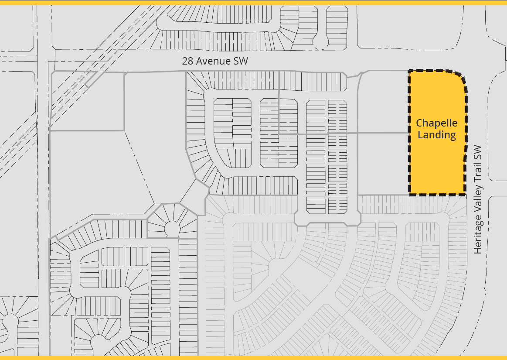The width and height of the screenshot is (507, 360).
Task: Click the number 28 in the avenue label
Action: click(188, 61)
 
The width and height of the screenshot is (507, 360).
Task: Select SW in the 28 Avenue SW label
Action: click(241, 61)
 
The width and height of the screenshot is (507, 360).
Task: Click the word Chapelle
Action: click(437, 123)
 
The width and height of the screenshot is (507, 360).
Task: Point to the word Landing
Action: click(437, 135)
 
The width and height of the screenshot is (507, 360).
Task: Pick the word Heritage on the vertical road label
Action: click(478, 237)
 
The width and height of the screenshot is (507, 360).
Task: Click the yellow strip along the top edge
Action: click(253, 2)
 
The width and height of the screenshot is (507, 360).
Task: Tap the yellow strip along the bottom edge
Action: click(253, 357)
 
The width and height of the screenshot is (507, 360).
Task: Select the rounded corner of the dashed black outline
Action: click(460, 77)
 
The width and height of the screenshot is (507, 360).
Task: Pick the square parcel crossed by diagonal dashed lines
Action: click(87, 101)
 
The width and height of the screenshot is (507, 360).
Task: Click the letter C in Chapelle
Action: click(419, 123)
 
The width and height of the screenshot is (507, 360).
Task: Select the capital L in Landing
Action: click(420, 135)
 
